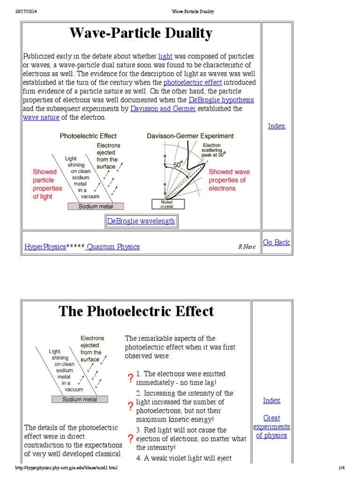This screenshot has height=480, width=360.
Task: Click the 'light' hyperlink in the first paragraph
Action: coord(165,56)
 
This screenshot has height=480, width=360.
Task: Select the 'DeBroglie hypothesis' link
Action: coord(221,100)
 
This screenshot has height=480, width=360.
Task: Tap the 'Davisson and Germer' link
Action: coord(163,109)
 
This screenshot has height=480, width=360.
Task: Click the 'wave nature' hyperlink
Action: coord(41,117)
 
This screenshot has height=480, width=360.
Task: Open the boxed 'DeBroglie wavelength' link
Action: coord(141,221)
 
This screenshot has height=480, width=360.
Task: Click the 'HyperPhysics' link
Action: coord(45,247)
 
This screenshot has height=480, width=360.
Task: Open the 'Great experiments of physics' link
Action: coord(271,427)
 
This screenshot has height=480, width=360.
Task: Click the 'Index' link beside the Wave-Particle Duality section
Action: coord(276,126)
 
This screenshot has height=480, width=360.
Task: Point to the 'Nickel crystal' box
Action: coord(168,204)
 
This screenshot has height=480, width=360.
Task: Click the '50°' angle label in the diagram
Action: coord(177,165)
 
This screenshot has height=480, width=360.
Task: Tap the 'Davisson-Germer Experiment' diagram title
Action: coord(190,136)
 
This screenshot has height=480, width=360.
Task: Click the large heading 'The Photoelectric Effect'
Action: coord(136,311)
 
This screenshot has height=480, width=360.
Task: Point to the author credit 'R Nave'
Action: coord(247,247)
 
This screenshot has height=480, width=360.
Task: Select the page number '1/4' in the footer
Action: coord(341,468)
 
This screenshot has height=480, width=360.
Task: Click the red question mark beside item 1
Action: coord(130,378)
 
